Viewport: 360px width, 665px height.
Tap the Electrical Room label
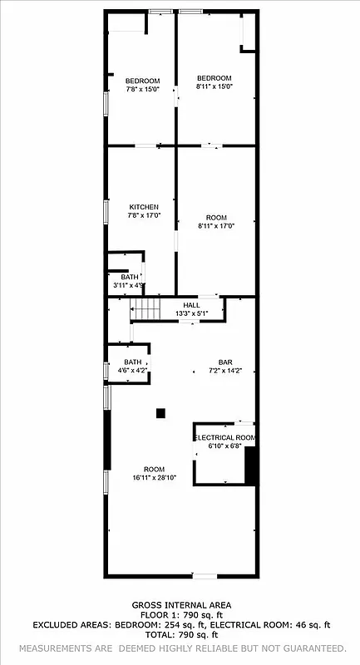click(x=224, y=437)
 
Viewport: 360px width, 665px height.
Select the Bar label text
click(x=224, y=362)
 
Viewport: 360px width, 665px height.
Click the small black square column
click(x=161, y=412)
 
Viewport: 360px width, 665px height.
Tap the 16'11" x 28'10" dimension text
click(x=154, y=478)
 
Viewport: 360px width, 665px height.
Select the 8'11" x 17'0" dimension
click(x=215, y=226)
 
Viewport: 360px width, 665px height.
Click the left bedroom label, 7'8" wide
click(x=141, y=81)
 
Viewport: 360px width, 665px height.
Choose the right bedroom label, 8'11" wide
click(x=214, y=78)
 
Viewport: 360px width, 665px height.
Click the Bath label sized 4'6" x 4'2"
click(x=133, y=362)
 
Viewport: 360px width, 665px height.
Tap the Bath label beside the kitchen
click(x=130, y=277)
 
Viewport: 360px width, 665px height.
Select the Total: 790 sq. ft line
click(x=181, y=634)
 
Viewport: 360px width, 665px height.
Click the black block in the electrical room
click(x=249, y=465)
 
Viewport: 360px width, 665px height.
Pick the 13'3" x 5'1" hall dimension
click(x=191, y=314)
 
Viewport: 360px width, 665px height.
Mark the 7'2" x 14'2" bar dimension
click(x=224, y=371)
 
